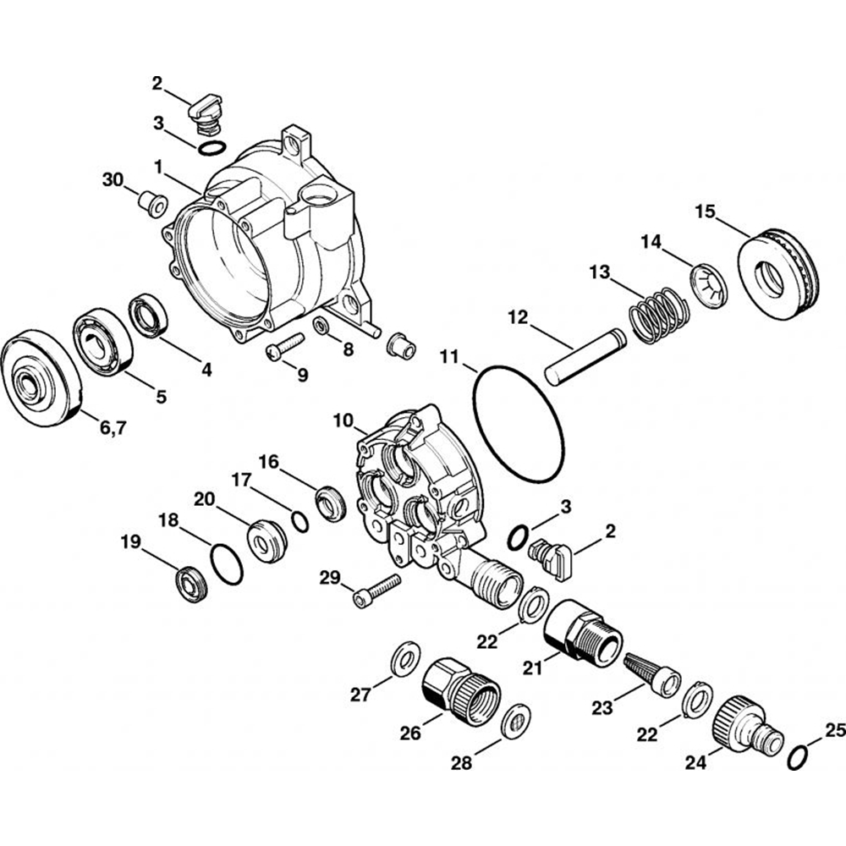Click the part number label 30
113,179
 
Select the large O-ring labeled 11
479,398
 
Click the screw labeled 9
284,347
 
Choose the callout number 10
343,420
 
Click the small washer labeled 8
321,325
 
